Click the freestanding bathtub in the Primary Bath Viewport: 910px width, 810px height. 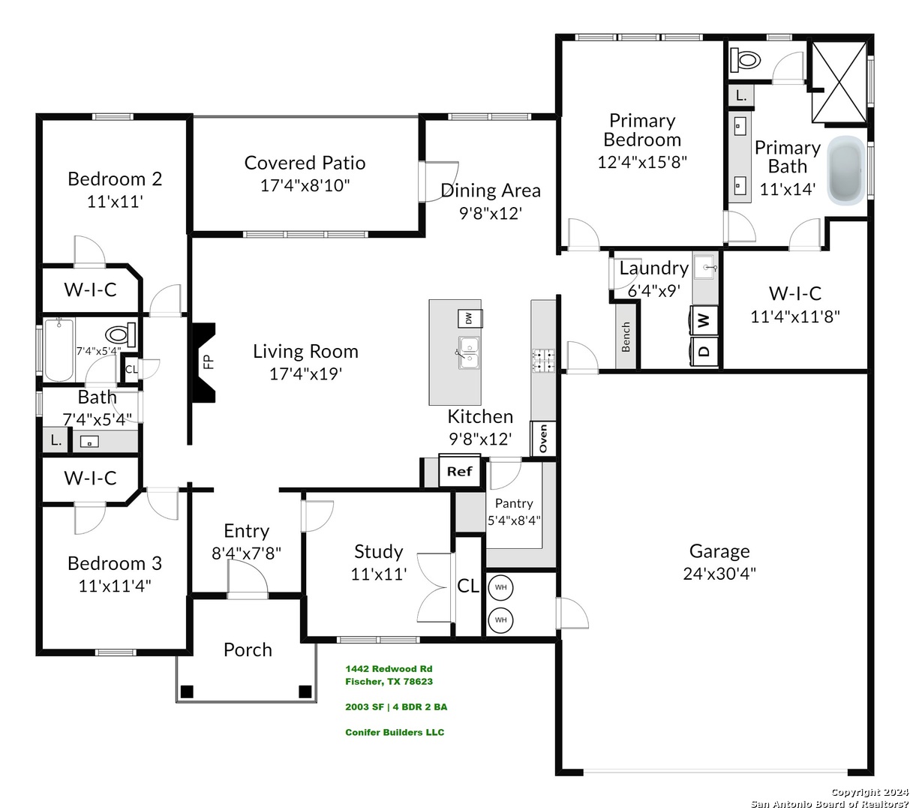(x=845, y=170)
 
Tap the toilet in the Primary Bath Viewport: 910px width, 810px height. (x=745, y=60)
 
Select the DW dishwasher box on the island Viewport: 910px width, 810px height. (x=470, y=318)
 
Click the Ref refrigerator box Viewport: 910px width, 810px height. (x=459, y=471)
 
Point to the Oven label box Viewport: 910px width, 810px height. (x=543, y=438)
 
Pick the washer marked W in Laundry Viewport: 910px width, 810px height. (x=704, y=320)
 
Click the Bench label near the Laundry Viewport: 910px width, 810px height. (x=626, y=336)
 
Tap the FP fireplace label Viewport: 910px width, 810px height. (x=209, y=362)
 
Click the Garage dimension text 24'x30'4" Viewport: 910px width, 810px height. (x=719, y=574)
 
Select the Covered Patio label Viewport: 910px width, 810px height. (x=305, y=163)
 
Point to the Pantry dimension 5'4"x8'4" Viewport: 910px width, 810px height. (x=514, y=520)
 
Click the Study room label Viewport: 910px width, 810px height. (x=378, y=552)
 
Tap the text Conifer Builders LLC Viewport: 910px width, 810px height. (x=395, y=732)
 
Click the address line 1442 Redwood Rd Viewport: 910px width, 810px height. (x=389, y=669)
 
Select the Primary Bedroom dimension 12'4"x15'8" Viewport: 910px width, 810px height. (x=642, y=162)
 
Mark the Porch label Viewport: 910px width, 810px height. (x=248, y=649)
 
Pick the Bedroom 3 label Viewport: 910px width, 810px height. (x=115, y=563)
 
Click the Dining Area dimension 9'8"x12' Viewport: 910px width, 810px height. (x=490, y=213)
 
